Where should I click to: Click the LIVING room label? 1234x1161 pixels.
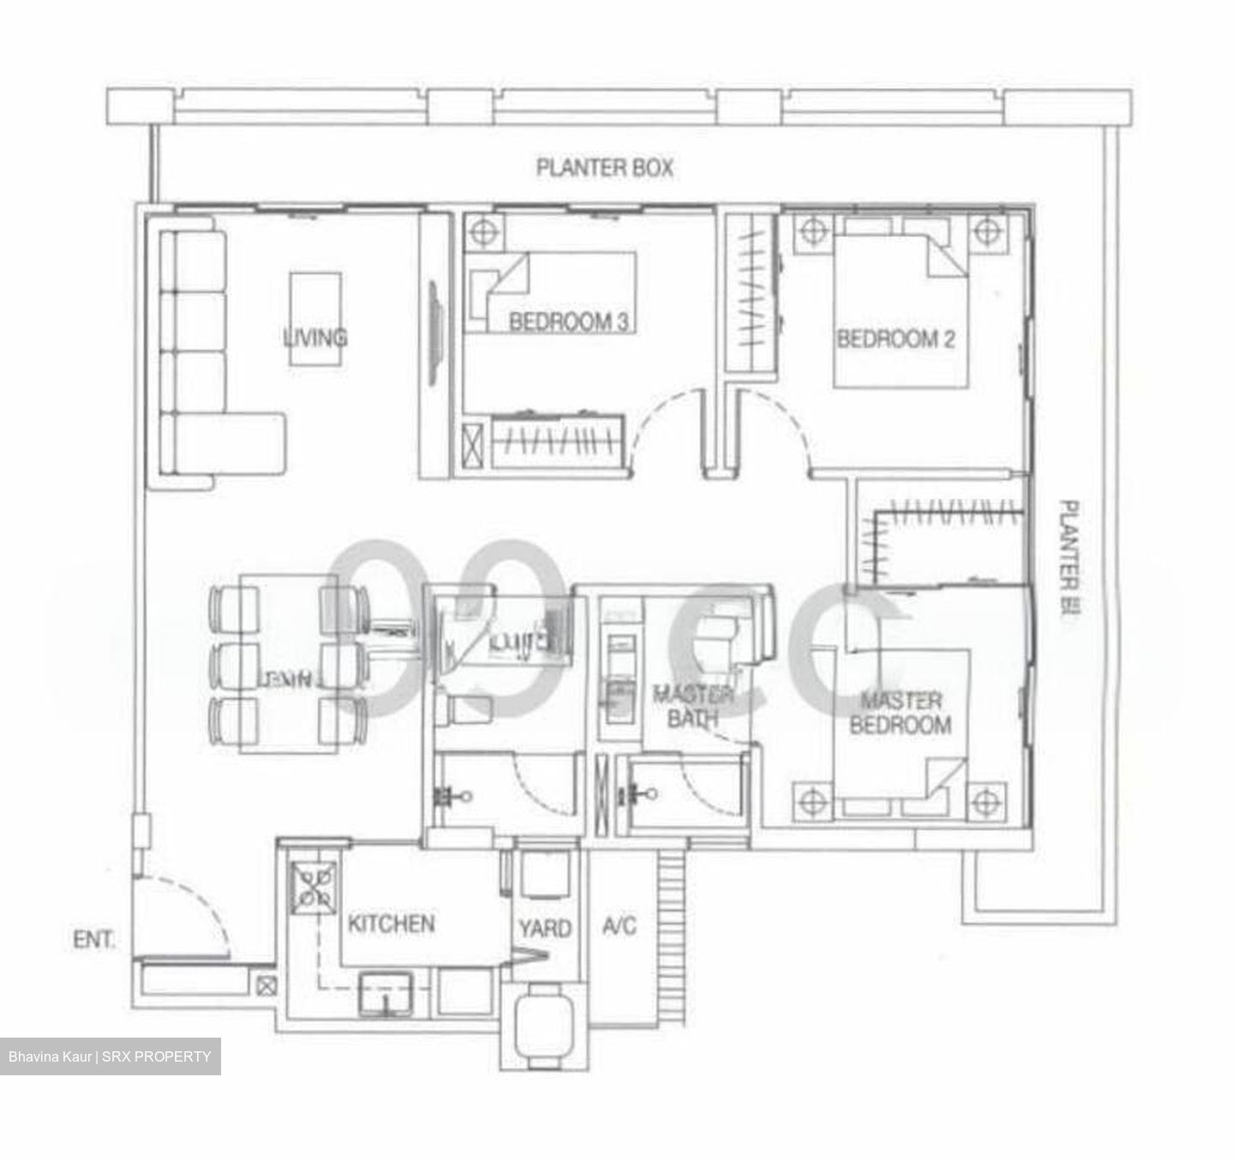click(x=315, y=337)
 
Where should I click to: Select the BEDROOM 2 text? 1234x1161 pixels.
click(x=896, y=339)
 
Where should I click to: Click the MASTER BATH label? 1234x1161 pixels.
click(x=692, y=706)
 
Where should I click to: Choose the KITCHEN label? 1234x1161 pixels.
click(x=391, y=924)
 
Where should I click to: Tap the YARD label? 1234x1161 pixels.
click(x=545, y=928)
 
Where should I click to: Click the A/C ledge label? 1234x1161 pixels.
click(x=620, y=925)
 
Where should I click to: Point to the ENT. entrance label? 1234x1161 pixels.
click(x=93, y=940)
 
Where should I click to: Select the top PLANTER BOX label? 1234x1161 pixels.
click(x=604, y=168)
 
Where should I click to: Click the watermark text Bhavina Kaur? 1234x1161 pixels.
click(x=51, y=1056)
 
